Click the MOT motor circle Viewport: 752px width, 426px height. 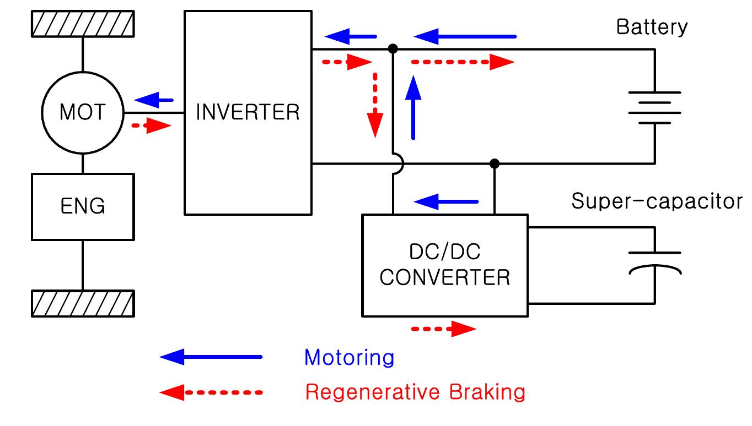click(x=82, y=113)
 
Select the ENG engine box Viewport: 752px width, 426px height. click(x=83, y=206)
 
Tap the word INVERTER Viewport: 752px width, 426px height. click(x=248, y=112)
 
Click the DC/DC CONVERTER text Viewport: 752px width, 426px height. click(x=445, y=265)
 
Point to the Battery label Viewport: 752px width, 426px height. click(x=652, y=27)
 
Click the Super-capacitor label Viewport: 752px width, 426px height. click(x=657, y=201)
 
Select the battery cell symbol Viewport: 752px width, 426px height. click(x=654, y=108)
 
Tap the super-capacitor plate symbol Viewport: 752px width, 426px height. click(x=654, y=262)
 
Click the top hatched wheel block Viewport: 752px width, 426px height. click(x=83, y=24)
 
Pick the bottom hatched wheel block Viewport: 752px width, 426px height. click(x=83, y=303)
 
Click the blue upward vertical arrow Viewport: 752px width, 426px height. click(x=413, y=107)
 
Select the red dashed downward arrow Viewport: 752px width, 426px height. click(x=375, y=105)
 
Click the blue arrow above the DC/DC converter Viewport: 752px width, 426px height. click(x=445, y=201)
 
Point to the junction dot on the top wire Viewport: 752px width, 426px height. click(x=393, y=49)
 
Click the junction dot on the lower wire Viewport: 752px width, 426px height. click(x=495, y=163)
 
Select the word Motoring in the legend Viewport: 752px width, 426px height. click(x=349, y=358)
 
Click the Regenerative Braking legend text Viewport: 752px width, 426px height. click(x=415, y=392)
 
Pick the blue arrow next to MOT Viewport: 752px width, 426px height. click(x=154, y=100)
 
